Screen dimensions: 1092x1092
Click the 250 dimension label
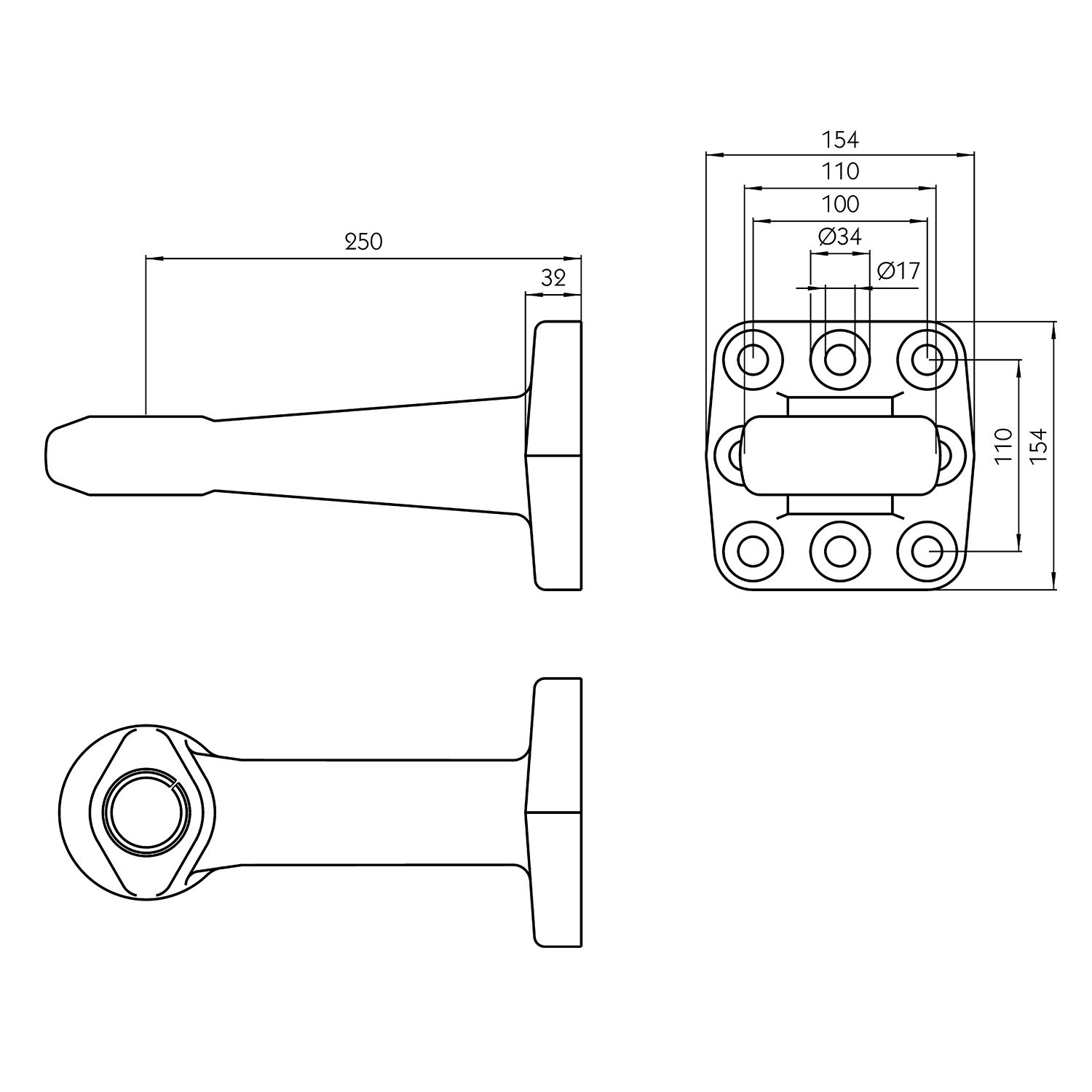pos(363,242)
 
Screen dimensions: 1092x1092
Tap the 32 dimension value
pos(553,278)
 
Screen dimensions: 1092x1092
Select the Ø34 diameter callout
pos(840,237)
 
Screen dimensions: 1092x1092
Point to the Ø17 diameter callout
pos(899,271)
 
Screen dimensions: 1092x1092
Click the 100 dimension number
pos(840,204)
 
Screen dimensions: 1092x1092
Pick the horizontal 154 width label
pos(840,139)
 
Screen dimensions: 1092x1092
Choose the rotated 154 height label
pos(1039,446)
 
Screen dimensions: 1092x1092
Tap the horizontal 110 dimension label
pos(840,172)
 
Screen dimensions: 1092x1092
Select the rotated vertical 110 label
pos(1004,446)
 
